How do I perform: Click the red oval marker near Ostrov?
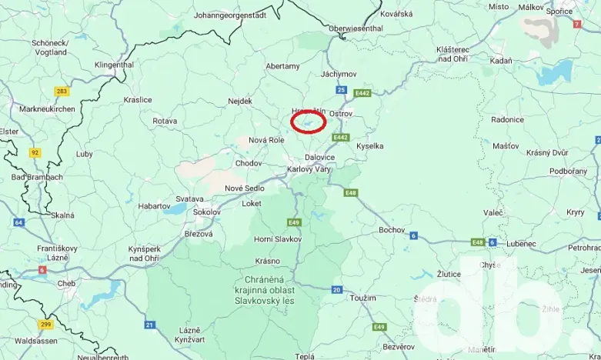pos(309,121)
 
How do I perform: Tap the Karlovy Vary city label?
pos(309,169)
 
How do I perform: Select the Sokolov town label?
pos(206,212)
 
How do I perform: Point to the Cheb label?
pos(66,283)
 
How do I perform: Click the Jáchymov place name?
pos(339,74)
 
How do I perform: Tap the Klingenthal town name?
pos(114,65)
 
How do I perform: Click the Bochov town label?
pos(392,230)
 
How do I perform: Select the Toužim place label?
pos(362,298)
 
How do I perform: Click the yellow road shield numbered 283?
pos(62,92)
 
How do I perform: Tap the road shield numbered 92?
pos(35,152)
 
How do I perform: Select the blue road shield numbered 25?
pos(341,90)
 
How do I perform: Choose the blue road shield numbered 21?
pos(149,325)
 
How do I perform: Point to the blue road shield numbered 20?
pos(336,289)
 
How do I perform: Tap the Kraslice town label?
pos(138,100)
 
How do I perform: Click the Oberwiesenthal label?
pos(356,28)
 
